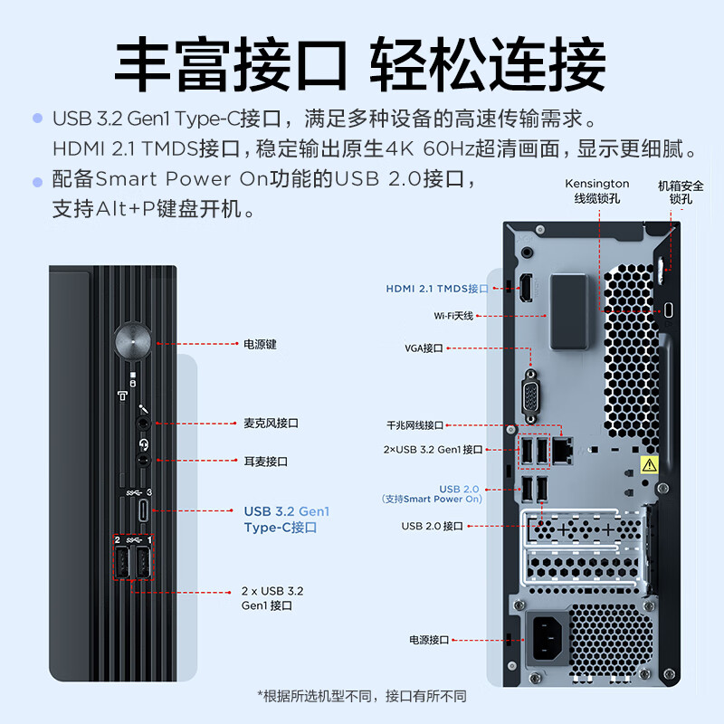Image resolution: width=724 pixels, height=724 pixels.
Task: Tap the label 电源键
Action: [260, 344]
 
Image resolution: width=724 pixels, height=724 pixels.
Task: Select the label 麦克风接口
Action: [271, 423]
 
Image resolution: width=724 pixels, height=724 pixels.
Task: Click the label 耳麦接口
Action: [265, 462]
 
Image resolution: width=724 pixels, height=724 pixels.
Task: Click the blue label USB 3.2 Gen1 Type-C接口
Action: [287, 519]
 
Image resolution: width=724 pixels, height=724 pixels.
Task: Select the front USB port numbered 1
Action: [143, 565]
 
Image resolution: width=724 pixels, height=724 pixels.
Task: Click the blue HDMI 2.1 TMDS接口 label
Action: [436, 289]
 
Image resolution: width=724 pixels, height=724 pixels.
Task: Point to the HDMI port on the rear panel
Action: [526, 288]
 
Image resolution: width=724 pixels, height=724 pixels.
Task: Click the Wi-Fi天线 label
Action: [453, 316]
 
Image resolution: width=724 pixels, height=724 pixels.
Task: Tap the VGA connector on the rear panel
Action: [530, 395]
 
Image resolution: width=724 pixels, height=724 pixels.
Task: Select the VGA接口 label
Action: [424, 348]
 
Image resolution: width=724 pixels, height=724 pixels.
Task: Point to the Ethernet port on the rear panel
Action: [563, 446]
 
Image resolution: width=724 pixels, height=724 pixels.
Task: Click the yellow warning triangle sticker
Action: [649, 465]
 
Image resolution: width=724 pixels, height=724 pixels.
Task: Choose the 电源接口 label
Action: [428, 640]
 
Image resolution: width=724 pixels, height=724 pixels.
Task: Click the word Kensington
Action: [597, 184]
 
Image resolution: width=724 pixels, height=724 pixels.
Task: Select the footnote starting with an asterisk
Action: [362, 696]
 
